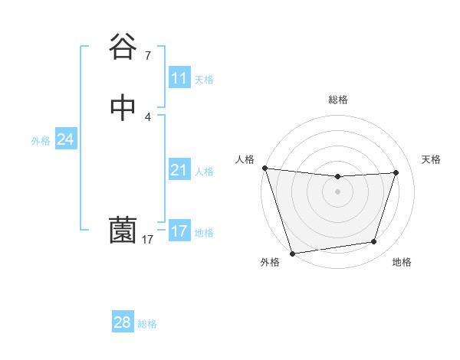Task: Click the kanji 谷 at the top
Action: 123,46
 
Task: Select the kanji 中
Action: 123,108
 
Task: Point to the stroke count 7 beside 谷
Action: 147,55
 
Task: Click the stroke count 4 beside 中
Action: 147,116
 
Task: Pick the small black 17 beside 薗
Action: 147,240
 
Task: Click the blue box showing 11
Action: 179,78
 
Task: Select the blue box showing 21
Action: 179,170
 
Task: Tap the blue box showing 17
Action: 179,231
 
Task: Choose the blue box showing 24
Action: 66,139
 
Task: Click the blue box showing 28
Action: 122,322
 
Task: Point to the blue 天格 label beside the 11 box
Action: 204,80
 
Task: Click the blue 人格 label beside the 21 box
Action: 204,172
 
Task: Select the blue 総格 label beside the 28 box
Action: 147,324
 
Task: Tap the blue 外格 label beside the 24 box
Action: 41,141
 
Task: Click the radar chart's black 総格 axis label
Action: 338,100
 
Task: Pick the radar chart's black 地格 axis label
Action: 402,263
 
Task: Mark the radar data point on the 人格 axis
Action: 264,168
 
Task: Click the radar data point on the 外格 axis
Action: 292,253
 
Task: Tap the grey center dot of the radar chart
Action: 338,191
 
